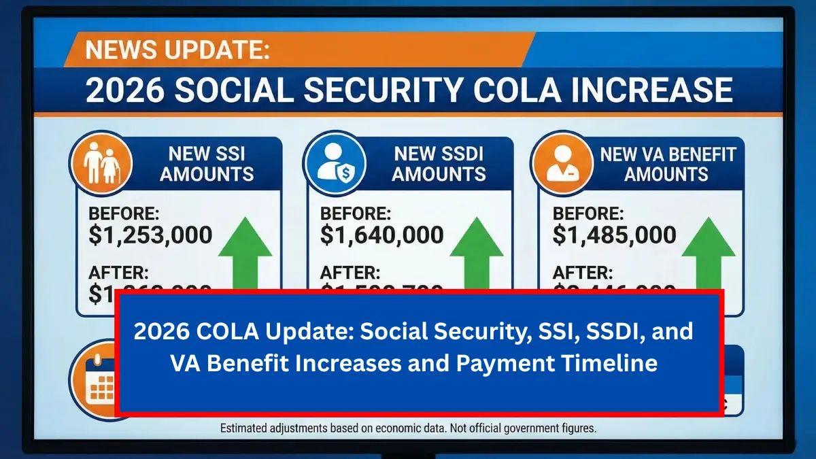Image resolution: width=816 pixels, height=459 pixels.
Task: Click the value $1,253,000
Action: (150, 235)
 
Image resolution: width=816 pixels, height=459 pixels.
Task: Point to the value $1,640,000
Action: (382, 235)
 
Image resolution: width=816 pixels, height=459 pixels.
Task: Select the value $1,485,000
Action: (614, 235)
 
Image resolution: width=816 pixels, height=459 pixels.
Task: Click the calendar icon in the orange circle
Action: (99, 381)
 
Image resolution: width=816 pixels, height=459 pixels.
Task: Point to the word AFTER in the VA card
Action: (583, 273)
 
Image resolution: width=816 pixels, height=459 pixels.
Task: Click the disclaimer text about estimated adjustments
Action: (408, 428)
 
